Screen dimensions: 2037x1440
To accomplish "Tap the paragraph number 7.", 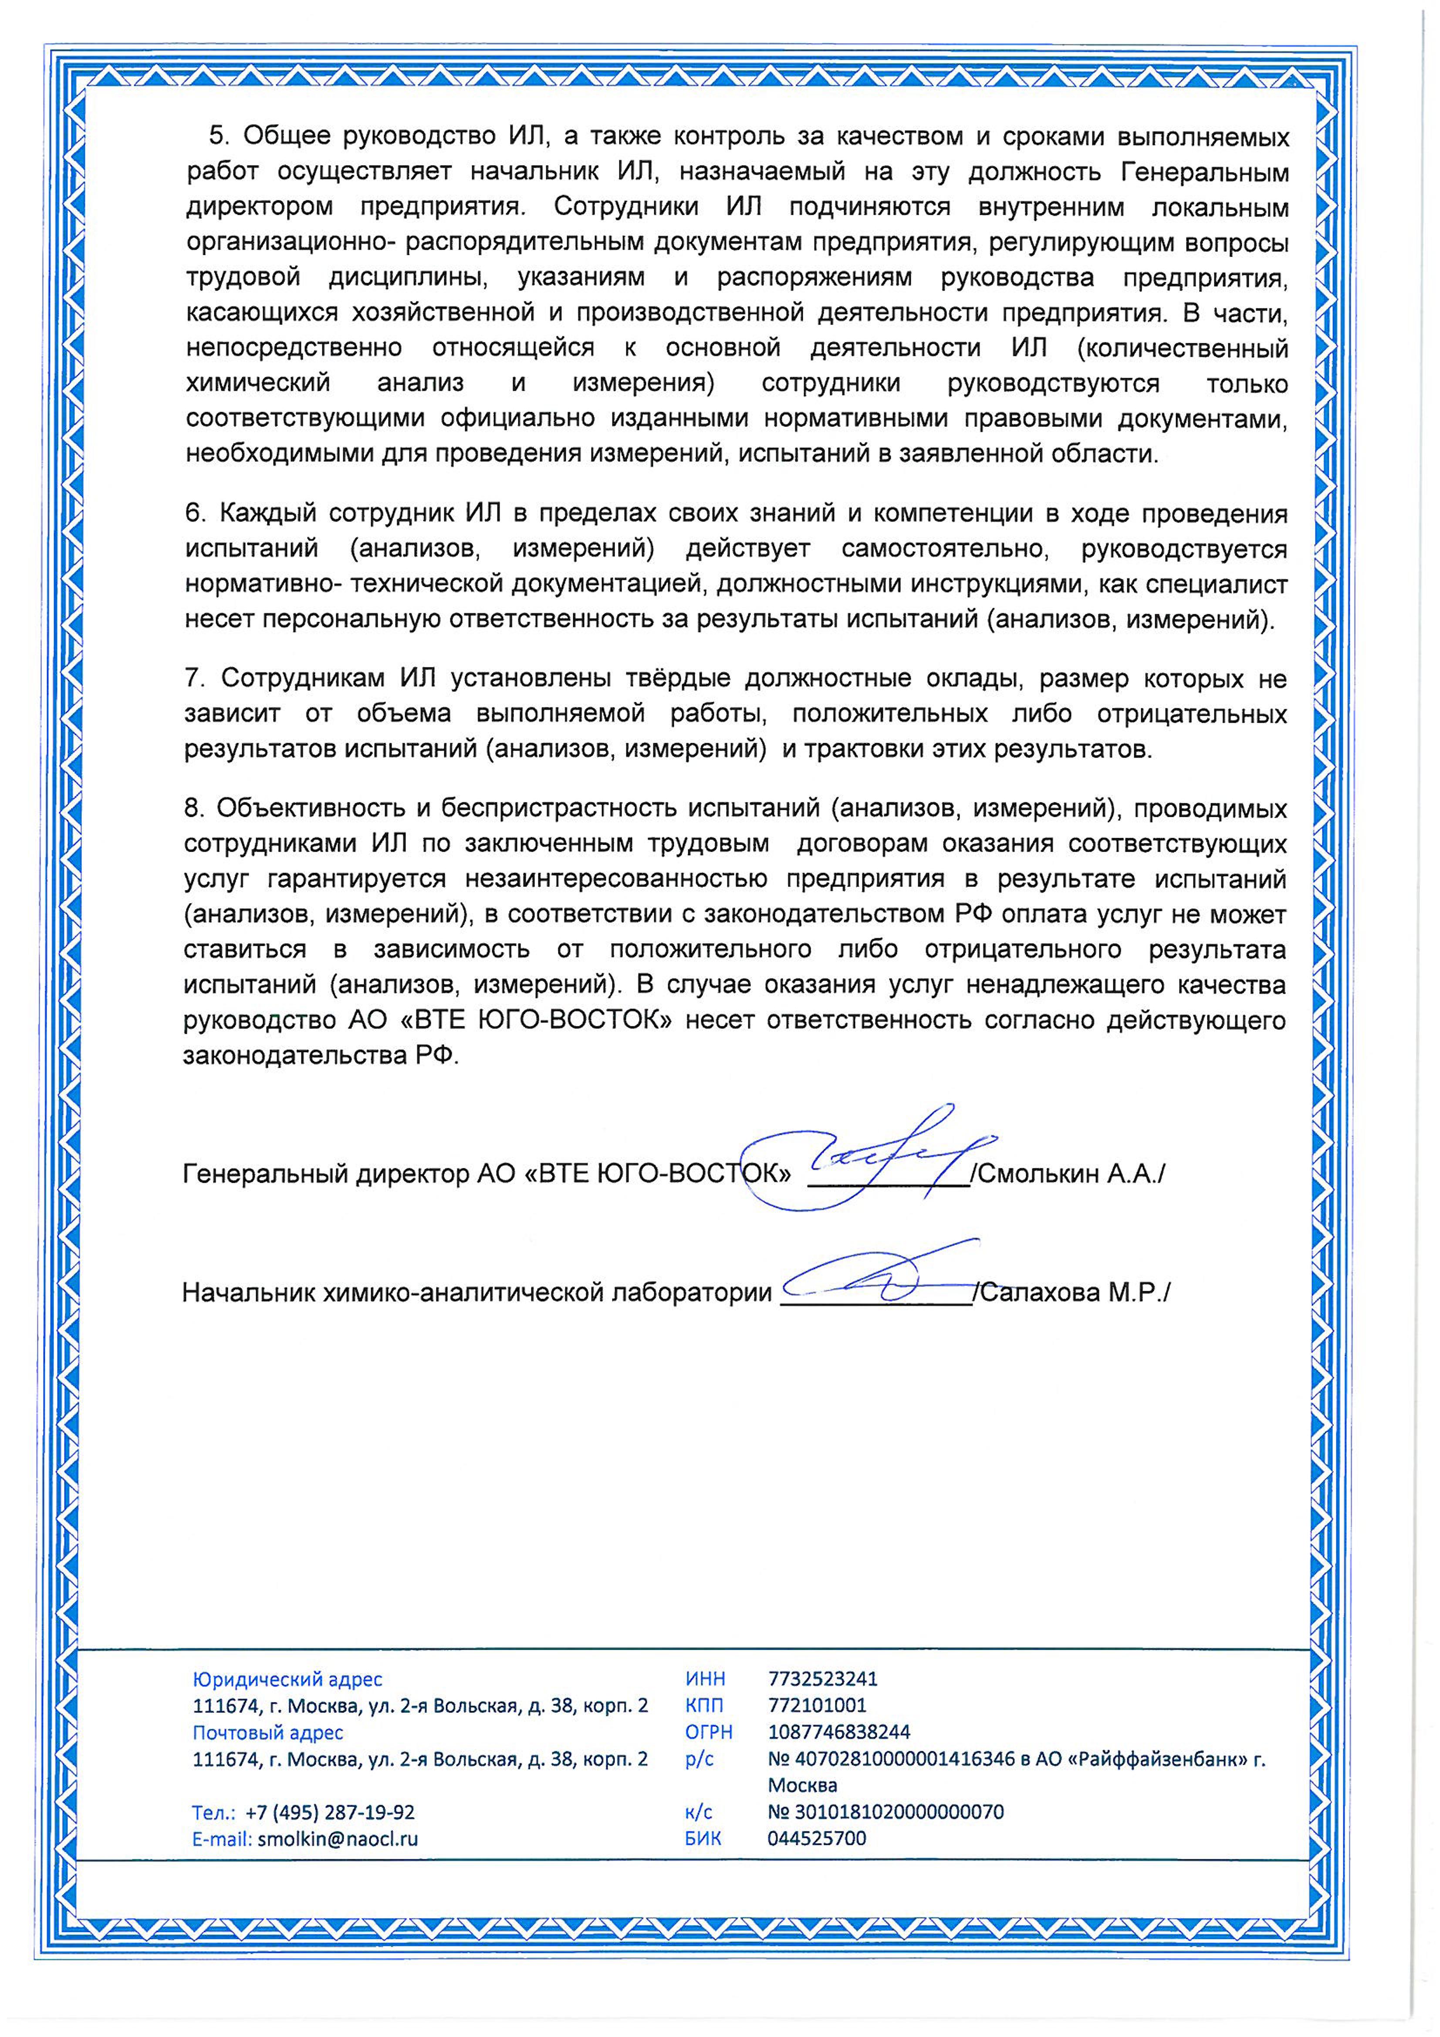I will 194,679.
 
